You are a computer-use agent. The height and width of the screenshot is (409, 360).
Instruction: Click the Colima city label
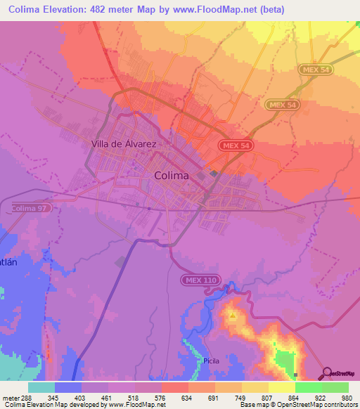pos(171,176)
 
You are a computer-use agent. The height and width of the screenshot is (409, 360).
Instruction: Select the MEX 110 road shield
pos(202,280)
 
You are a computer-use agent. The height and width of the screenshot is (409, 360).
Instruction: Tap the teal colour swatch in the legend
pos(41,387)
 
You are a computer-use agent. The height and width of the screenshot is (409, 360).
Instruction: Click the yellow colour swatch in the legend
pos(281,387)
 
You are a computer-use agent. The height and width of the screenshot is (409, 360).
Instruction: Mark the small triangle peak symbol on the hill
pos(233,317)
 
